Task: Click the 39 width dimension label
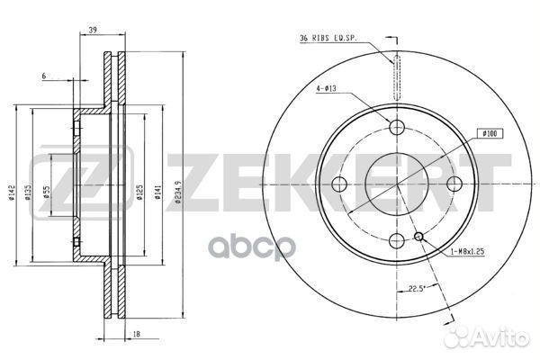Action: (93, 31)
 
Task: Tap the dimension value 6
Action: (44, 76)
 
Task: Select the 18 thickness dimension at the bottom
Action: (137, 334)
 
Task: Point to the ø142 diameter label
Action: (12, 193)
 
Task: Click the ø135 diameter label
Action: (28, 193)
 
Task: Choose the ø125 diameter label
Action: (139, 193)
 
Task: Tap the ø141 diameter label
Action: (157, 193)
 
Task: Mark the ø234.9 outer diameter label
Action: (177, 193)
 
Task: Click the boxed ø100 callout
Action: (490, 133)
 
